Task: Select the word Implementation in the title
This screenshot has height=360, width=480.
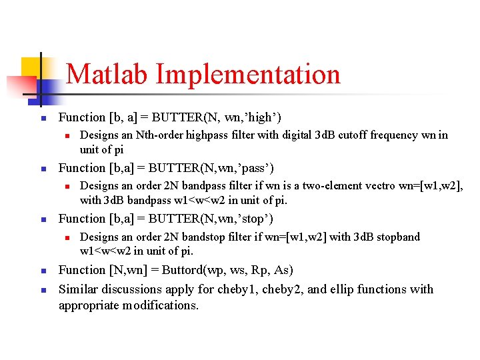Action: (248, 74)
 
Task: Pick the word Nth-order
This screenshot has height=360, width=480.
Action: (159, 135)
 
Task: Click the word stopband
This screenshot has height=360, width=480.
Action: (398, 237)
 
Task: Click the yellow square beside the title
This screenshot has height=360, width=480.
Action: (32, 68)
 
